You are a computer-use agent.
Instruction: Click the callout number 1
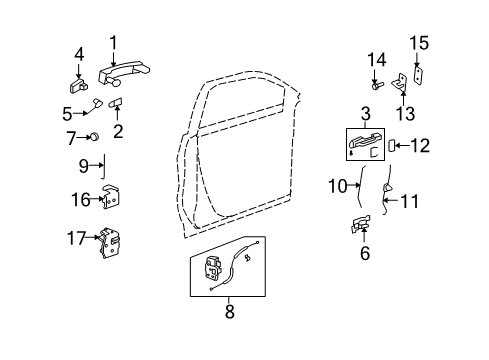pos(114,43)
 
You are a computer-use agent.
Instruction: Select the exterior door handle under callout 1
pos(124,73)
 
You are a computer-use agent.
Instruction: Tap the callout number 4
pos(79,55)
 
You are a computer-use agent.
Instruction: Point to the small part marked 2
pos(116,103)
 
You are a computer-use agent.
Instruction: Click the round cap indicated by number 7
pos(95,137)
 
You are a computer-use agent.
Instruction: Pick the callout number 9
pos(84,166)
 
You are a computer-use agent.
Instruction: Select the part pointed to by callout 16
pos(112,197)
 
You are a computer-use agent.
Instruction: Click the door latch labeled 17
pos(110,243)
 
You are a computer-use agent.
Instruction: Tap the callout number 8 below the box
pos(229,312)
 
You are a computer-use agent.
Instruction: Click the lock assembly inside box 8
pos(212,268)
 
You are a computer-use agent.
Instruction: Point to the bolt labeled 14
pos(377,86)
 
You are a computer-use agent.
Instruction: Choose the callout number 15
pos(419,43)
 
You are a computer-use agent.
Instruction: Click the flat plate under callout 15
pos(418,74)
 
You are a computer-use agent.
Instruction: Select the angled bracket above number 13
pos(401,82)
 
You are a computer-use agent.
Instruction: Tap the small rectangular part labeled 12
pos(392,146)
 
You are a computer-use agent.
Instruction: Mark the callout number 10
pos(338,186)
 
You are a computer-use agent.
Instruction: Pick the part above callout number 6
pos(361,224)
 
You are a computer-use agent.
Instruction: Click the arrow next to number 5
pos(81,113)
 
